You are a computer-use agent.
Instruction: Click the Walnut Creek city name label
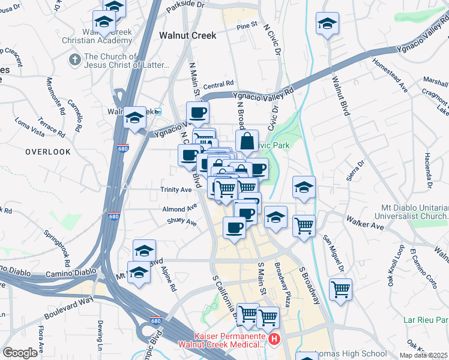pyautogui.click(x=187, y=36)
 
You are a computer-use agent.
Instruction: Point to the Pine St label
pyautogui.click(x=246, y=26)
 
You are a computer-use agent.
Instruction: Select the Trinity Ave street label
pyautogui.click(x=176, y=190)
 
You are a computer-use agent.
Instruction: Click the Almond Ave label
pyautogui.click(x=179, y=209)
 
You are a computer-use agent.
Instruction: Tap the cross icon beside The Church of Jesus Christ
pyautogui.click(x=74, y=59)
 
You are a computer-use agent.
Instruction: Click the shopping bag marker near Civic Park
pyautogui.click(x=246, y=142)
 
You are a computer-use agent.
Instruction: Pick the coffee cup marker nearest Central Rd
pyautogui.click(x=197, y=112)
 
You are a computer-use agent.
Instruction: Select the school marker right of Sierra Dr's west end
pyautogui.click(x=304, y=187)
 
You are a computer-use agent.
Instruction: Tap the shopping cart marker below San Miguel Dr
pyautogui.click(x=340, y=289)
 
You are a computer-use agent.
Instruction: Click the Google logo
pyautogui.click(x=20, y=353)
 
